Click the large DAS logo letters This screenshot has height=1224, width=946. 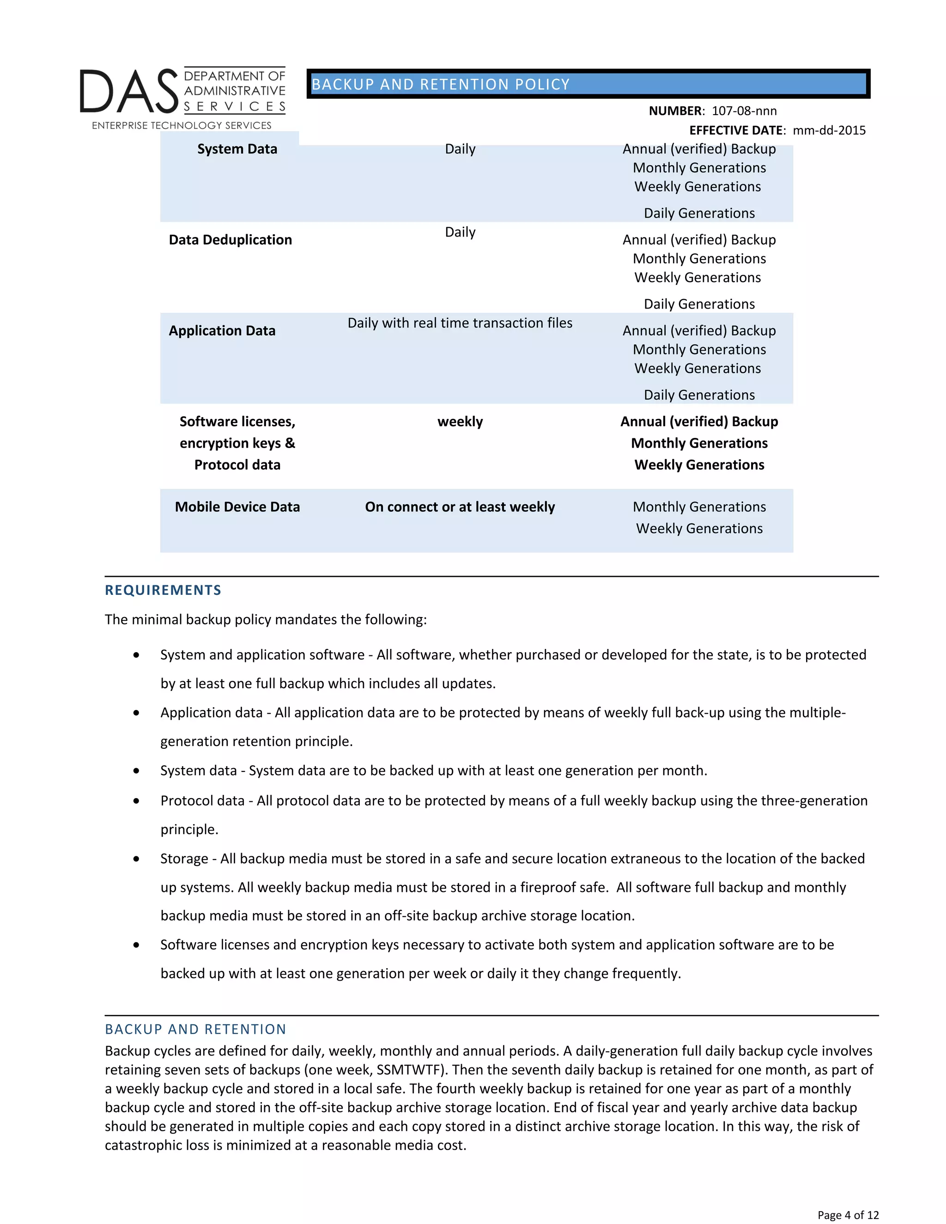pos(129,91)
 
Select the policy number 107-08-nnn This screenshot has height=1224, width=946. pos(744,111)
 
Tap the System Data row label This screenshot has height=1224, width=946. pos(237,149)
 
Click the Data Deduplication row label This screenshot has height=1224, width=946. pos(230,240)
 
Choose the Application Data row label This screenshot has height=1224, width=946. pos(222,331)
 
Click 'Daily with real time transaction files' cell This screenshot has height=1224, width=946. pos(460,323)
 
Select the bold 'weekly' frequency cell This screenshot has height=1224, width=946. pos(460,421)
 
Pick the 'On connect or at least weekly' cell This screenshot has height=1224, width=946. pos(460,507)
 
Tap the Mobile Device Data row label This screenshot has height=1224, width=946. pos(237,507)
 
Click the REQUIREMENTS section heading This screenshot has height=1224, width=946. pos(163,590)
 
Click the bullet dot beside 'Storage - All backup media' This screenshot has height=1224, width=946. pos(136,859)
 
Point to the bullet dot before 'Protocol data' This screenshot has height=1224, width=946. pos(136,801)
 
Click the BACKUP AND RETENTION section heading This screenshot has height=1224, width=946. pos(195,1029)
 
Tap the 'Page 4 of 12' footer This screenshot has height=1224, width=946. pos(847,1214)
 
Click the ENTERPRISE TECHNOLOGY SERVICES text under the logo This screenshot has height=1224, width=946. pos(182,126)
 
